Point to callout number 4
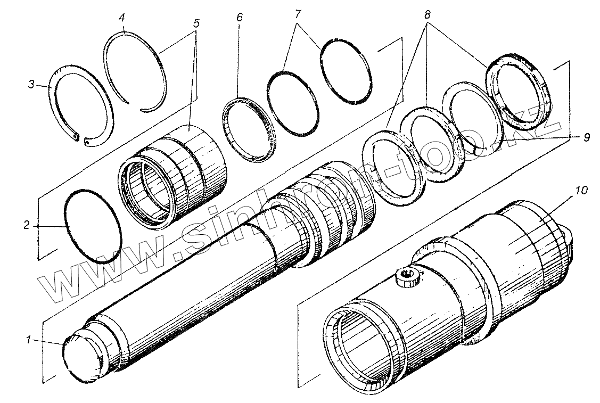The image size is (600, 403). [122, 18]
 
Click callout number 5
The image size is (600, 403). [196, 23]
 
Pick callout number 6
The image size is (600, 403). [239, 18]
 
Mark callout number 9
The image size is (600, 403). [586, 137]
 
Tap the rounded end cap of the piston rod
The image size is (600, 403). [83, 357]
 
